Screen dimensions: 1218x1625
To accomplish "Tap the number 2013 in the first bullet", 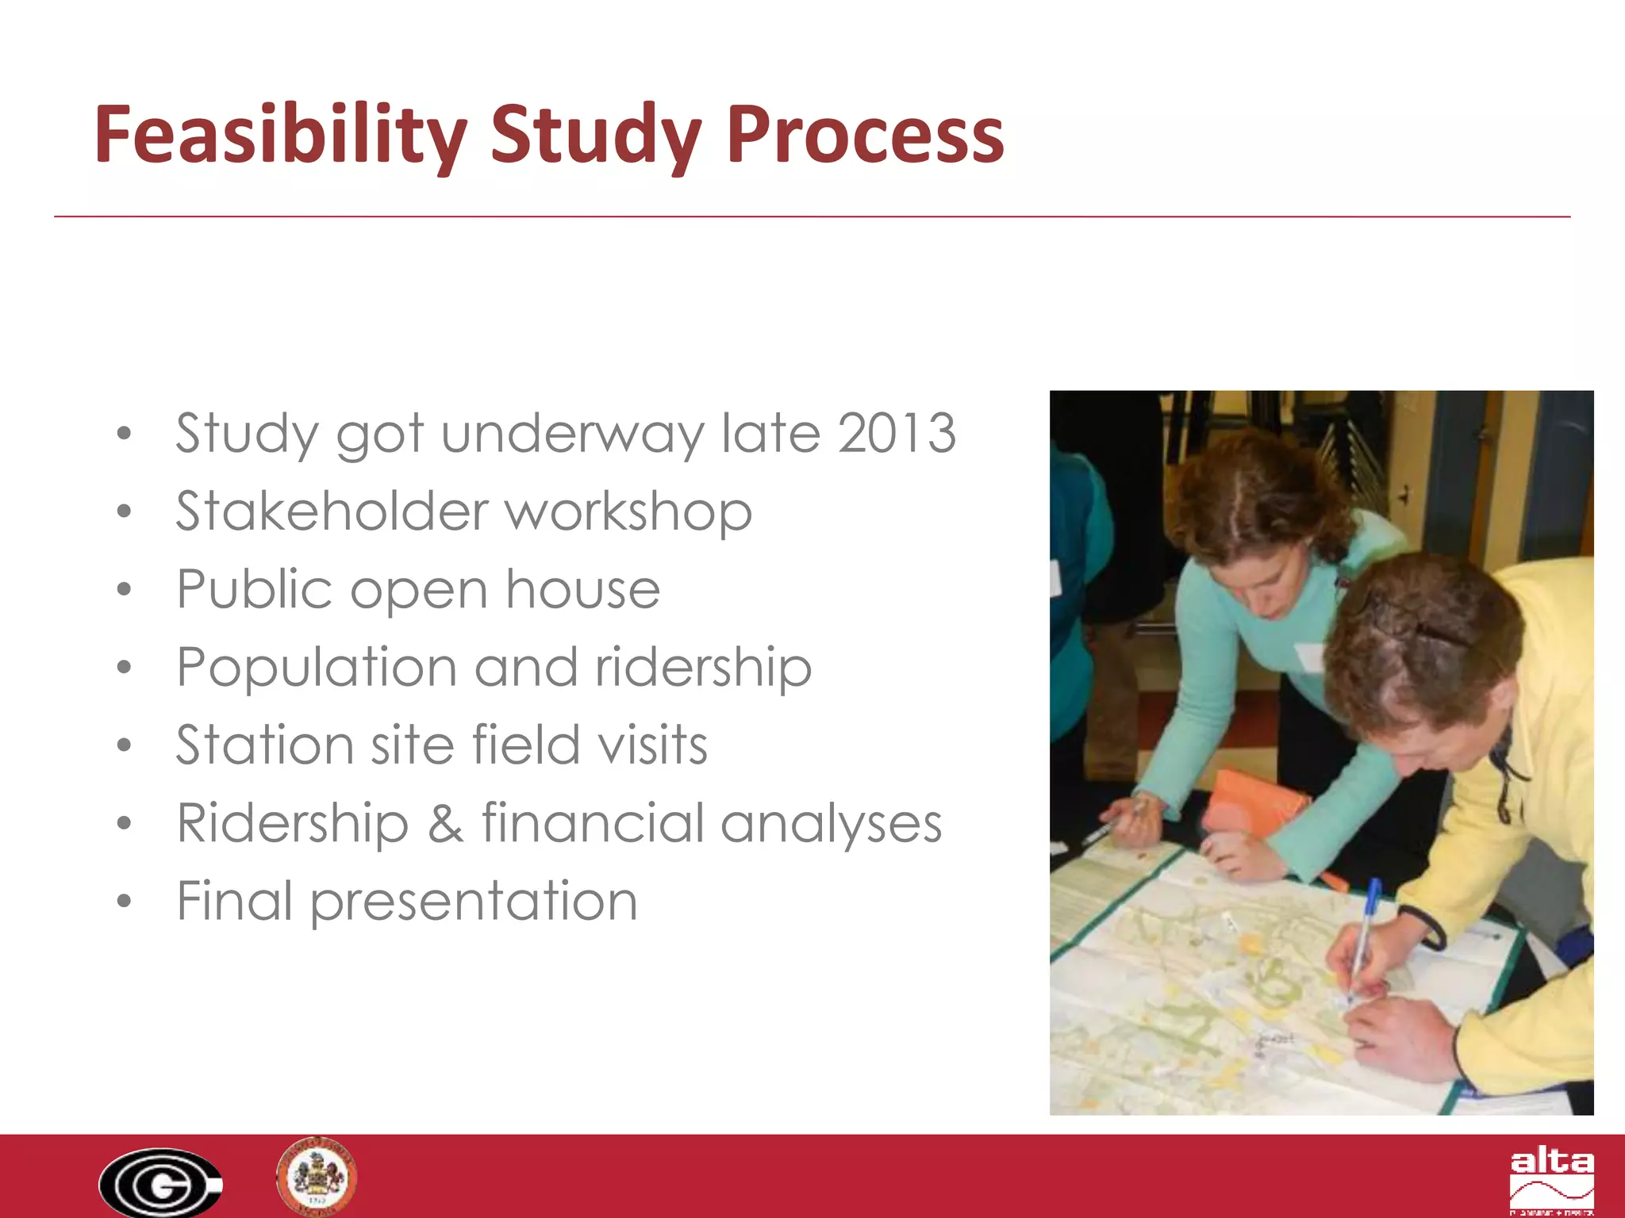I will tap(897, 434).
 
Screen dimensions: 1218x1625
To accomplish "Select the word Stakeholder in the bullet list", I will tap(332, 511).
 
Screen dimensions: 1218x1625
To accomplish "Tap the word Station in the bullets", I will tap(264, 745).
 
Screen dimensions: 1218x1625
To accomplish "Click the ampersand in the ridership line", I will tap(445, 823).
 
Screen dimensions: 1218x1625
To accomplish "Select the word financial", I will tap(591, 823).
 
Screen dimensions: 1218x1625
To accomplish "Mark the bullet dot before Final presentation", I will tap(123, 902).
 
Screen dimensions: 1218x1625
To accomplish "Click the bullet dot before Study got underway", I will tap(123, 434).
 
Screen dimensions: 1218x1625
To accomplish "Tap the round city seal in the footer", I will tap(317, 1176).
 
